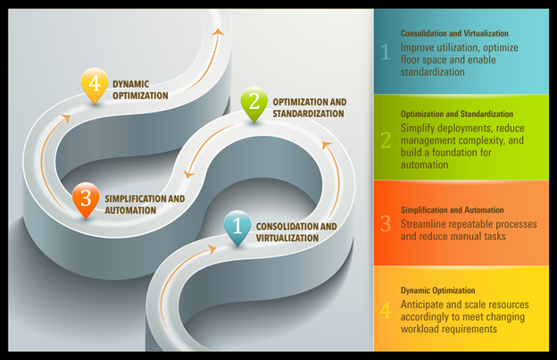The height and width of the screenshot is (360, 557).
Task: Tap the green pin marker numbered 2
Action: [254, 102]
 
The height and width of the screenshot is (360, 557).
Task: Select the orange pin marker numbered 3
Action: [85, 197]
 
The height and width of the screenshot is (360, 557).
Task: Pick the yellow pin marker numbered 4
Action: [94, 83]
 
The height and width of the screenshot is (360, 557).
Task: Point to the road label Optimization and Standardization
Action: [308, 108]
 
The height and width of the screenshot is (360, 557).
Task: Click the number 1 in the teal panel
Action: [386, 53]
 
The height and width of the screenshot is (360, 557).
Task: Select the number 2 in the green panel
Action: [386, 138]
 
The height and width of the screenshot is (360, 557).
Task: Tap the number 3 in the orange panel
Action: [386, 223]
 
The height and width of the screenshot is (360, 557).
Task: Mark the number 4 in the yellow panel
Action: [386, 311]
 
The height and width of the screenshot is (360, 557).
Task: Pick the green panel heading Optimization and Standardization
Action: [457, 114]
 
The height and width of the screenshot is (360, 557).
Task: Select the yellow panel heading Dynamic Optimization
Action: [437, 290]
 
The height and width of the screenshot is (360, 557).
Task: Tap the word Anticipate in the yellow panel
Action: [425, 303]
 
